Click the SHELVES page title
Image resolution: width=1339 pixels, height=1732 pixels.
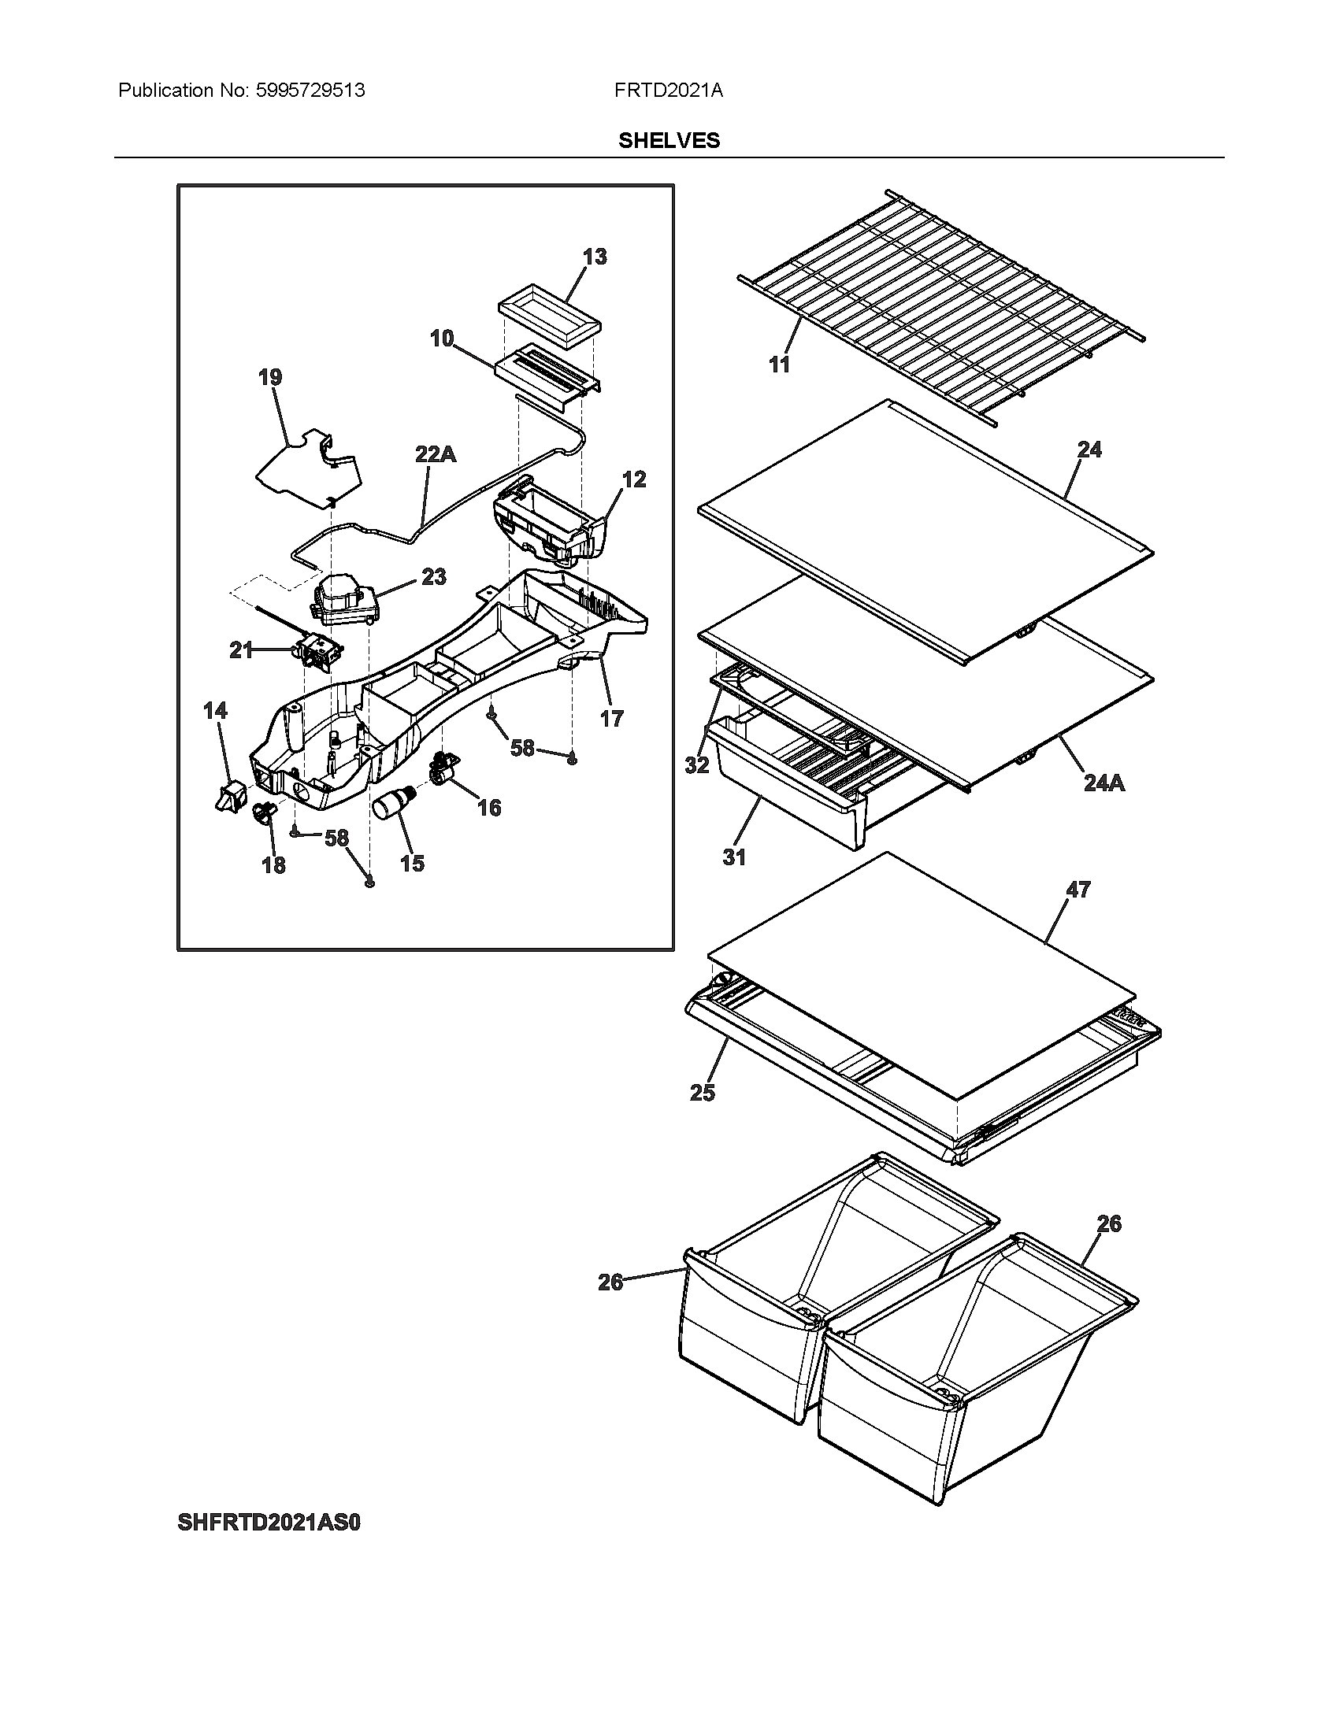pos(669,140)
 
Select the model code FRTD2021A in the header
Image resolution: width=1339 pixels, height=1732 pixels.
pos(668,91)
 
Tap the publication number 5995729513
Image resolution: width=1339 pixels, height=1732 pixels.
pos(310,91)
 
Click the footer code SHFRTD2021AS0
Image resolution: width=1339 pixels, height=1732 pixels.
pos(269,1523)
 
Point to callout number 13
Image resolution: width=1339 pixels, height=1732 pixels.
pos(594,257)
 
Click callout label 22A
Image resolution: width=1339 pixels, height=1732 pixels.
pos(436,454)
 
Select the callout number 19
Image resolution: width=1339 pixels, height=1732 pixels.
pos(270,376)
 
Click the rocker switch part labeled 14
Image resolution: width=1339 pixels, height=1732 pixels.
pos(230,794)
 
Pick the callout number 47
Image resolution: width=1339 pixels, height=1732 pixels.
pos(1078,890)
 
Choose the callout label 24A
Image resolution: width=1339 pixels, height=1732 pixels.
pos(1104,783)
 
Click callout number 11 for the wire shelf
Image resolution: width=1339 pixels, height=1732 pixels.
pos(780,364)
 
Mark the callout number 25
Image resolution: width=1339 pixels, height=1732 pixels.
pos(702,1093)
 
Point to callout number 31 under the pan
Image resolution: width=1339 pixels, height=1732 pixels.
pos(735,857)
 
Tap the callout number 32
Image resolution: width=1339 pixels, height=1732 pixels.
pos(696,765)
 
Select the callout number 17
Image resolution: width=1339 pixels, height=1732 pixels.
pos(611,719)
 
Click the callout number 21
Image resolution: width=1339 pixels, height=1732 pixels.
pos(241,650)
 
